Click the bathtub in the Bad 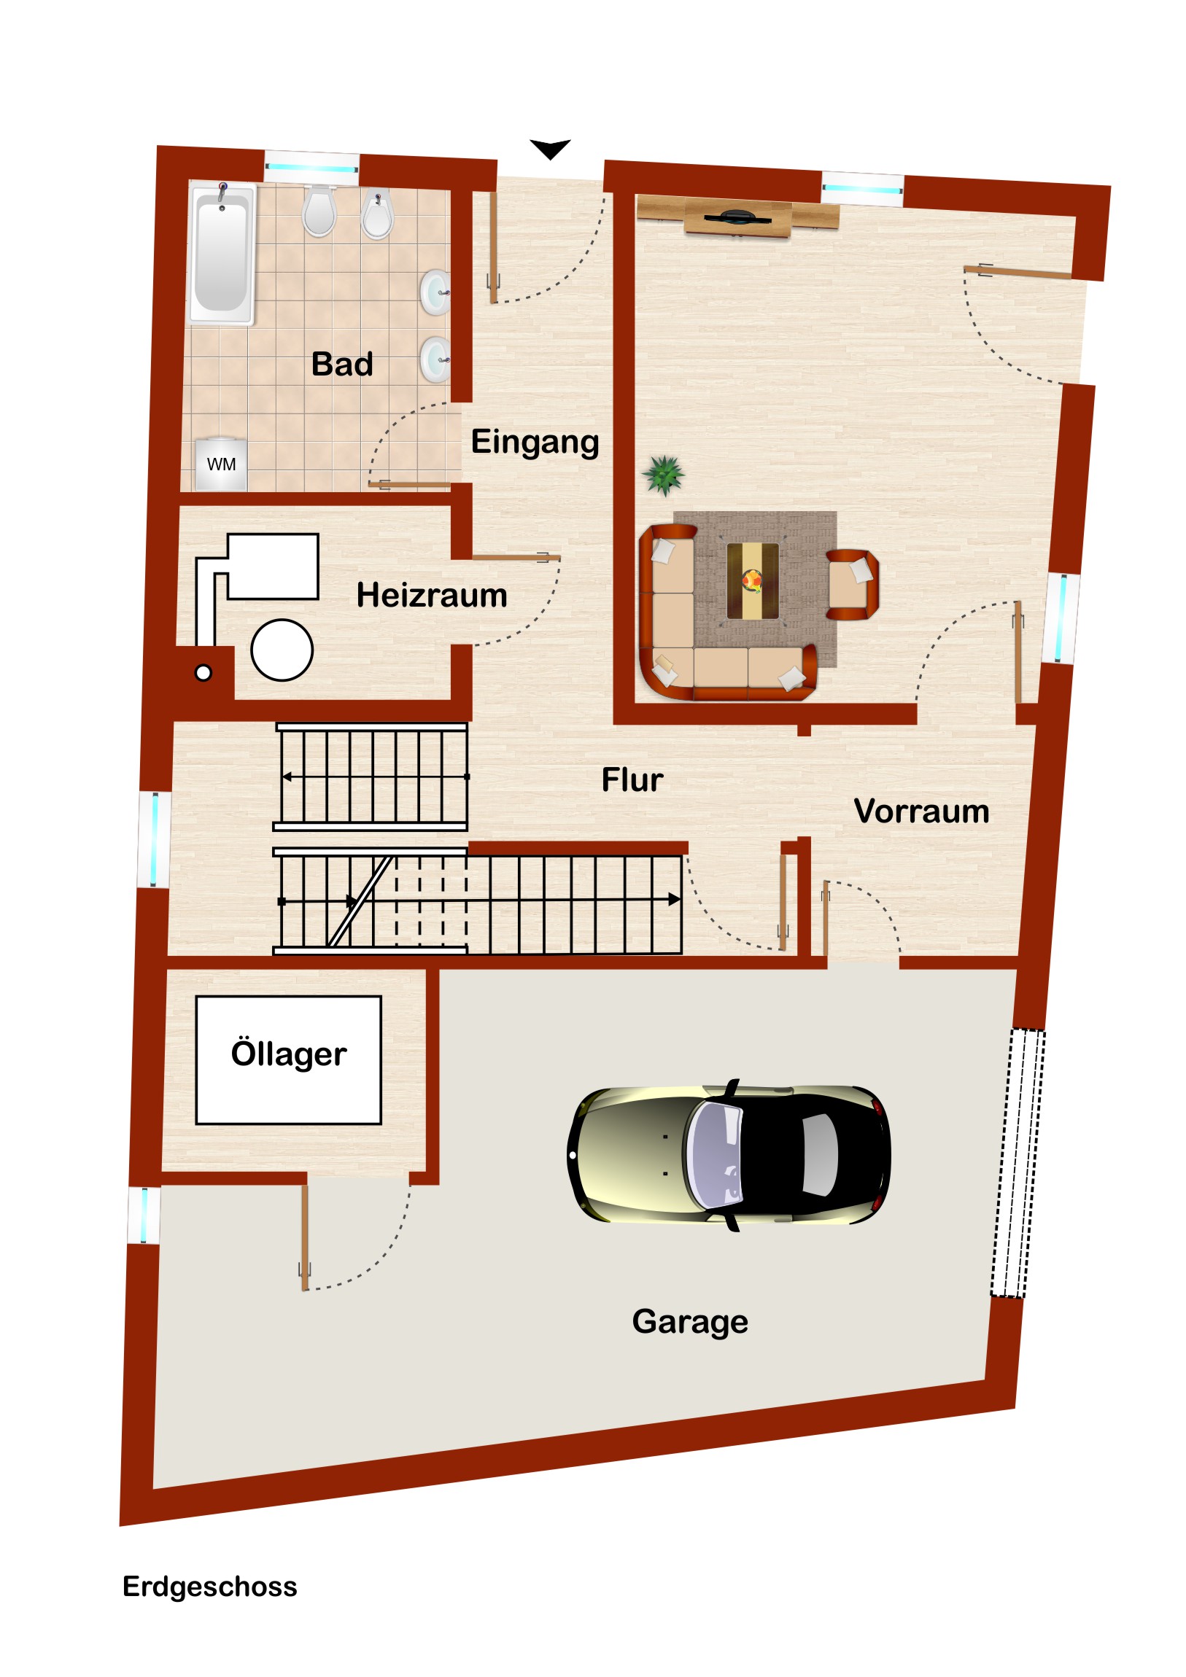tap(222, 253)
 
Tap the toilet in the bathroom tap(319, 211)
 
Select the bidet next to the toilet tap(378, 213)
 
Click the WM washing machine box tap(222, 464)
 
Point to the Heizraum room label tap(432, 595)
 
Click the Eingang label tap(535, 443)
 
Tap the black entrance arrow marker tap(549, 149)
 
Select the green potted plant tap(664, 475)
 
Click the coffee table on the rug tap(753, 580)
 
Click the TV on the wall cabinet tap(737, 217)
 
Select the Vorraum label tap(921, 812)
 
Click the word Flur tap(632, 780)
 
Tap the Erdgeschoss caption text tap(210, 1587)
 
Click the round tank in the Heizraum tap(282, 650)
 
